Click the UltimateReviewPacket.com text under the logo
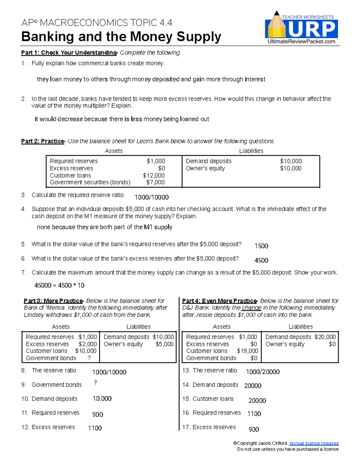(x=301, y=42)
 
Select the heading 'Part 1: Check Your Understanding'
(x=69, y=53)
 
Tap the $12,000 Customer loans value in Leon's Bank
(x=154, y=176)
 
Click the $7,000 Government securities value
(x=155, y=182)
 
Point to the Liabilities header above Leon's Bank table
(x=251, y=151)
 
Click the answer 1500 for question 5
(x=261, y=246)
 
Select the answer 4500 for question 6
(x=261, y=260)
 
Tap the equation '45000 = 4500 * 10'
(x=59, y=285)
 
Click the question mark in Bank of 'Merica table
(x=89, y=358)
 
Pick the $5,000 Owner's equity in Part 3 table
(x=164, y=344)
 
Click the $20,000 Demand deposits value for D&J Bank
(x=325, y=337)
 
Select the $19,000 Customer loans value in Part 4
(x=247, y=351)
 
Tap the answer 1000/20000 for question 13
(x=262, y=372)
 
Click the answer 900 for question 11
(x=97, y=415)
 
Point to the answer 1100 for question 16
(x=254, y=414)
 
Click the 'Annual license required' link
(x=314, y=443)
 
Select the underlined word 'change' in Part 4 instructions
(x=251, y=308)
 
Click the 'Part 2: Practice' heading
(x=43, y=141)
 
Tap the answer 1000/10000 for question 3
(x=151, y=197)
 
